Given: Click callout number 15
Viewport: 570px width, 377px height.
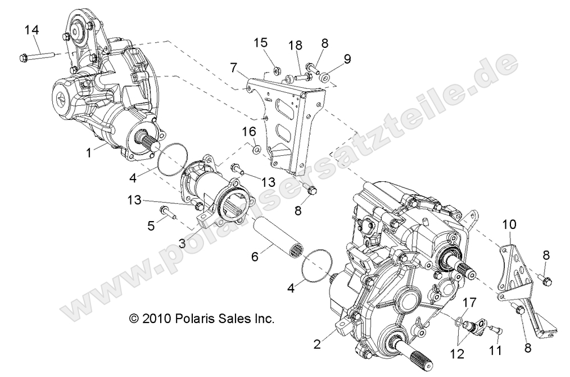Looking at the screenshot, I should [x=260, y=43].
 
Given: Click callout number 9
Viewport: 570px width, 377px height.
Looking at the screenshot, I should [x=346, y=58].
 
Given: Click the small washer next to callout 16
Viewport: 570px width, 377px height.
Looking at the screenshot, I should [x=256, y=149].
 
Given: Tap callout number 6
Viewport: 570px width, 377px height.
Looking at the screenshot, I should [x=255, y=256].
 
